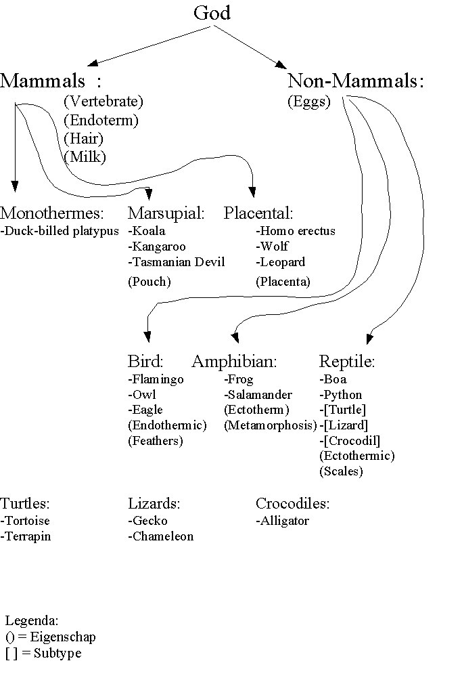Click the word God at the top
coord(212,13)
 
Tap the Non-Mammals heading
coord(355,81)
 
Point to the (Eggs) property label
coord(308,102)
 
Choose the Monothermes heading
coord(52,213)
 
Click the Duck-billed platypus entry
coord(60,231)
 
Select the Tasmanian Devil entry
coord(177,262)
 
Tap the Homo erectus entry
coord(296,231)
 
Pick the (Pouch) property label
coord(149,282)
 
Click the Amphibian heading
coord(235,362)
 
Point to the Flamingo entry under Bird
coord(156,379)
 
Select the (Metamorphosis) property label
coord(271,425)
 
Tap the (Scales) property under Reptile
coord(341,471)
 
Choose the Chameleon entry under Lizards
coord(161,536)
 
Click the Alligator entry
coord(282,521)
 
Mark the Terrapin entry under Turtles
coord(26,536)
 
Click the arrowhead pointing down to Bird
coord(147,337)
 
